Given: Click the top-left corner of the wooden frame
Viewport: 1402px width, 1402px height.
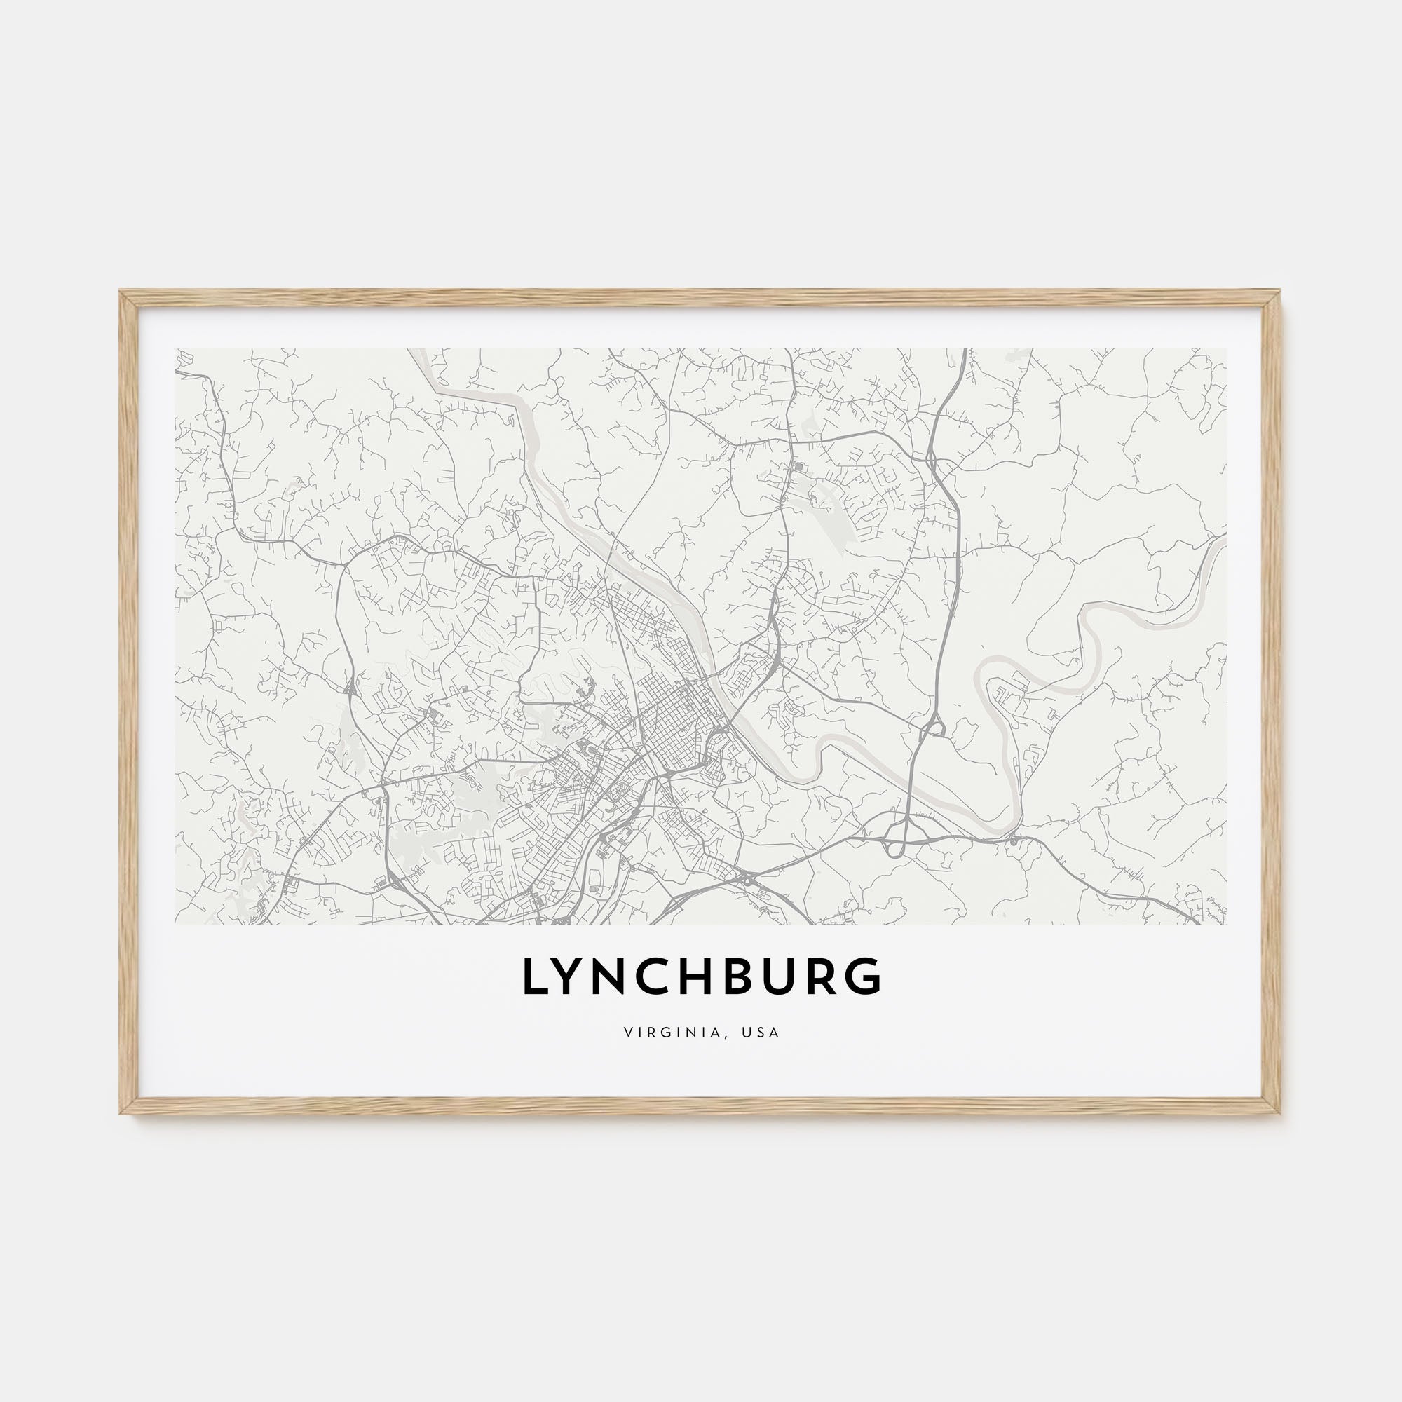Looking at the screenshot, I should [122, 292].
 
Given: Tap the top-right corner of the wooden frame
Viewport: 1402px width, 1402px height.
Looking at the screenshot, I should [1279, 292].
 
